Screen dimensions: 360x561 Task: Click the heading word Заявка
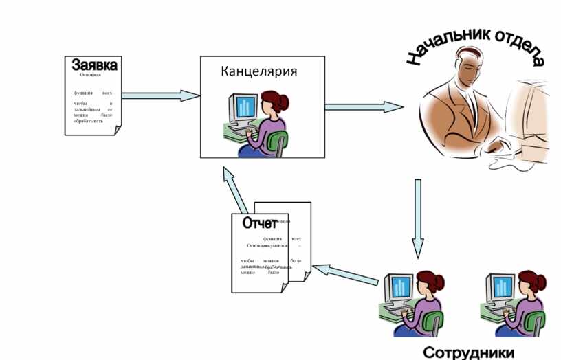click(94, 65)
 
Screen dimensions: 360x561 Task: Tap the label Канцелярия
click(258, 71)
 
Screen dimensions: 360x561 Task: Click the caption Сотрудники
click(468, 352)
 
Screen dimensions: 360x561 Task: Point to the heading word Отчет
click(259, 223)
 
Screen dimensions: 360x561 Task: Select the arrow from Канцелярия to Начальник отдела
click(364, 106)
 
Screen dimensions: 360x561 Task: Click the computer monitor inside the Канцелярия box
click(244, 107)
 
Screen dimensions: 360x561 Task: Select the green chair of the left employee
click(433, 323)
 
